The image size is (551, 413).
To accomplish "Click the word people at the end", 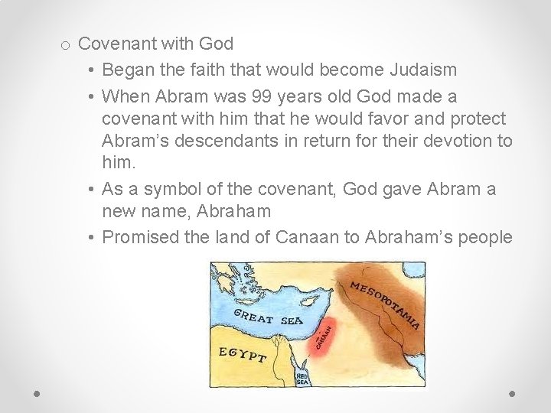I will [486, 237].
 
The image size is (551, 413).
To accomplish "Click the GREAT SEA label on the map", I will [268, 319].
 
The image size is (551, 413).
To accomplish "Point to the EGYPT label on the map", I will [243, 355].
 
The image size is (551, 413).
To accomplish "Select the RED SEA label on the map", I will [303, 379].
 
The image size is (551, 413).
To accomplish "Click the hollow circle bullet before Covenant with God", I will [67, 45].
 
